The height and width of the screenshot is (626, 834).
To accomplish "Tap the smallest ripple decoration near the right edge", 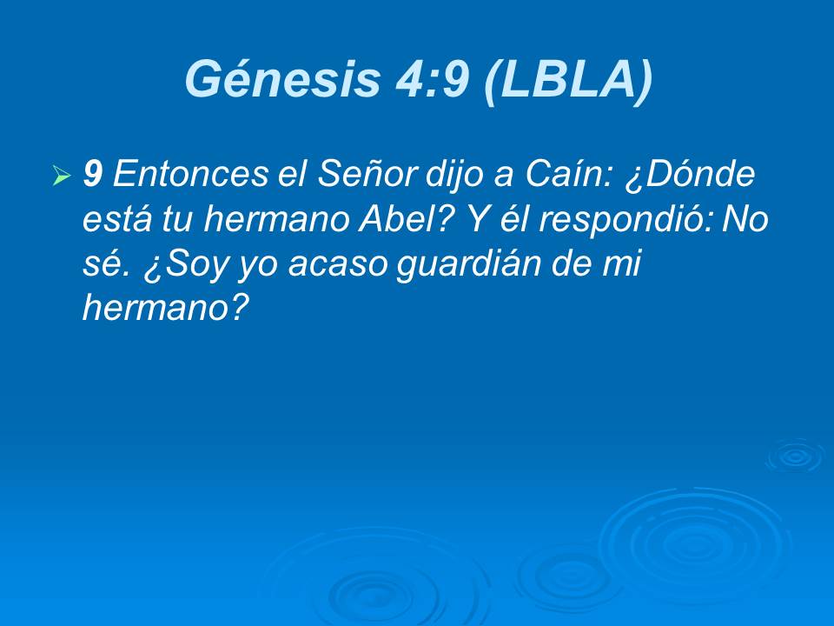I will [x=794, y=456].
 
